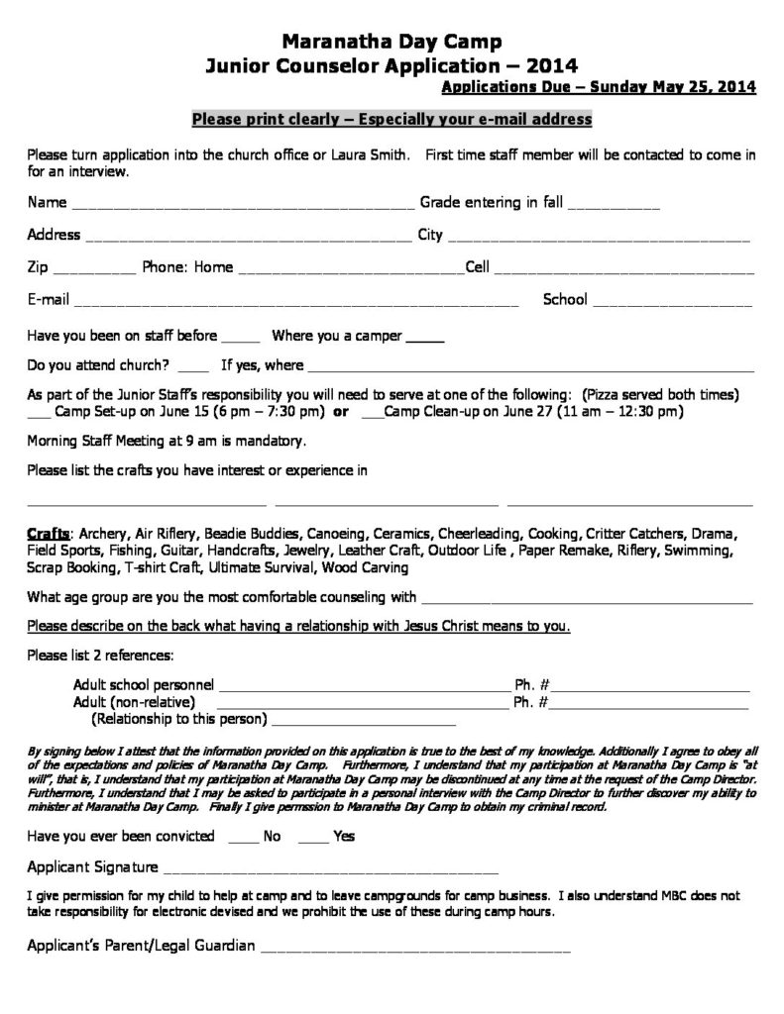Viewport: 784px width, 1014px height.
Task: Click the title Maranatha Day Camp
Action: (392, 42)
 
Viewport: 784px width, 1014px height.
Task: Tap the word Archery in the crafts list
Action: (104, 533)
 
